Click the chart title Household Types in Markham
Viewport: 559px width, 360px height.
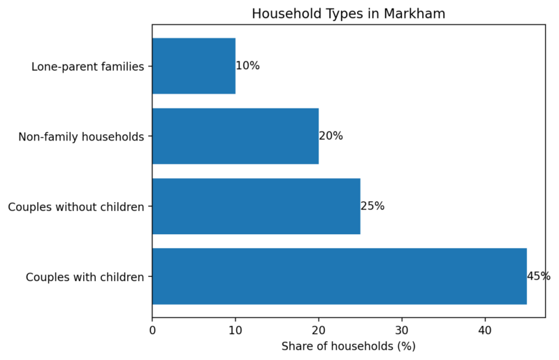348,14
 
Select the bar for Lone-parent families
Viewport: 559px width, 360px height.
194,66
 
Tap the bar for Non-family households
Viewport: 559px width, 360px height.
235,136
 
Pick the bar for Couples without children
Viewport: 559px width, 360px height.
256,206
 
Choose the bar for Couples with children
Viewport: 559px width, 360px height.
339,276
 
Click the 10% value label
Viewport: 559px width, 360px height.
247,66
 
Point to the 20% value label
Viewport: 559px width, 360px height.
331,136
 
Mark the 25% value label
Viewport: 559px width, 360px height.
372,206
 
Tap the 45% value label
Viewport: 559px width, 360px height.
539,276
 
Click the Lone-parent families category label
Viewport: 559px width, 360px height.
87,66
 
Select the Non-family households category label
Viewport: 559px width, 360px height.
81,137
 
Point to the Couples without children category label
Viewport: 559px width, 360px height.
75,207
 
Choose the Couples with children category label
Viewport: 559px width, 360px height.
85,277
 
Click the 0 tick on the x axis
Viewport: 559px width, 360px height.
152,329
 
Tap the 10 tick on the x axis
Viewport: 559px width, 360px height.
235,329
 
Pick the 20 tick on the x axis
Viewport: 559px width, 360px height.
319,329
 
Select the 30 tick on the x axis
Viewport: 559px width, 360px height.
402,329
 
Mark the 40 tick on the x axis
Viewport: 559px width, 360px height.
485,329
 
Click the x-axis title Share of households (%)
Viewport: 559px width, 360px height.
348,346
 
